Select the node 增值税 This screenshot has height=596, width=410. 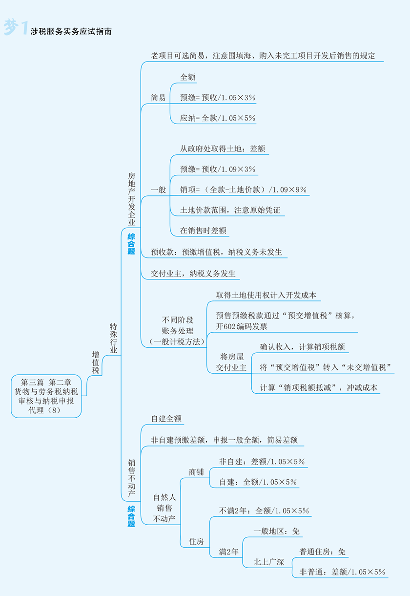[96, 362]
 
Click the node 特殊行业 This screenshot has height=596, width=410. [113, 338]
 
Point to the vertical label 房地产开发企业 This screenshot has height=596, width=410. [131, 198]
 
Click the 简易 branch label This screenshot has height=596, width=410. [158, 98]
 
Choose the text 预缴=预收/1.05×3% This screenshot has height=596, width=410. [218, 98]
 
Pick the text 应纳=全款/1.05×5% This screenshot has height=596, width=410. [218, 118]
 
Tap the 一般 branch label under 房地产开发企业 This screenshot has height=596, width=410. [158, 190]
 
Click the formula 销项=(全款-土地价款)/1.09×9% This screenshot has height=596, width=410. [243, 190]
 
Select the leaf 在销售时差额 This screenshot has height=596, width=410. [203, 230]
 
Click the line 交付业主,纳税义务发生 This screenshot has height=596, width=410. [193, 274]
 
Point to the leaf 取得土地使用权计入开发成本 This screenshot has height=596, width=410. [266, 295]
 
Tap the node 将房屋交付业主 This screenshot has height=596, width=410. [231, 362]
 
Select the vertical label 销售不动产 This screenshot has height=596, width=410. [131, 479]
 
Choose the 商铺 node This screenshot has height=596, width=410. [196, 472]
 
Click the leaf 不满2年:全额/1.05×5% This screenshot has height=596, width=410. [264, 511]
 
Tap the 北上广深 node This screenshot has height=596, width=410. [268, 562]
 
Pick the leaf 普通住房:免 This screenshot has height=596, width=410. [323, 552]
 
